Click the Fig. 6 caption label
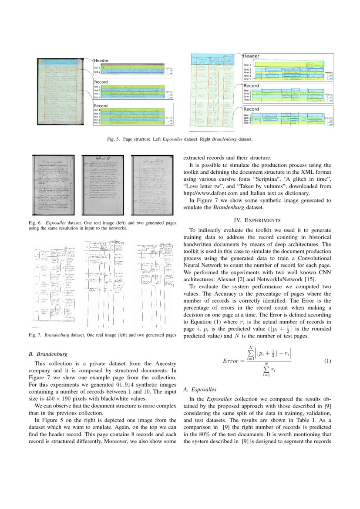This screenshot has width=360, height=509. click(34, 223)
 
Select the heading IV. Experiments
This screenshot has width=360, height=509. click(257, 220)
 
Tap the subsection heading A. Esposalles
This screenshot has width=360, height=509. click(199, 389)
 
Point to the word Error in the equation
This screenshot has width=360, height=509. click(231, 361)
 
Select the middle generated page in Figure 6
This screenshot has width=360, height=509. click(103, 185)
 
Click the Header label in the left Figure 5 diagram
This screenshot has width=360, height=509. click(101, 60)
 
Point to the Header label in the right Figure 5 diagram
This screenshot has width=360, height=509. click(251, 56)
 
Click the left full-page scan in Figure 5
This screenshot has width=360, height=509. click(60, 92)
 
